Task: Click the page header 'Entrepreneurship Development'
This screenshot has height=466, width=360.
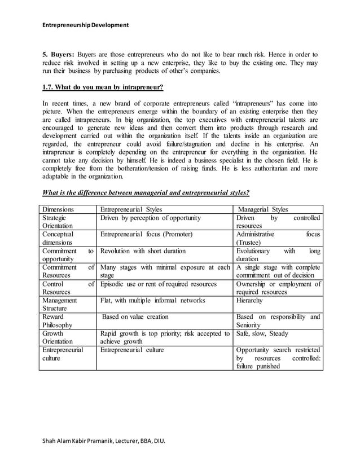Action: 86,25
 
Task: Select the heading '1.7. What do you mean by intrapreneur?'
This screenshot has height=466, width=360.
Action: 103,87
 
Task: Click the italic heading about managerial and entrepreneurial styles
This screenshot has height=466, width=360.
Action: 146,192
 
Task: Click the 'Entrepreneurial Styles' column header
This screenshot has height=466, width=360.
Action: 131,209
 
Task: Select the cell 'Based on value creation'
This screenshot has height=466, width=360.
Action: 135,317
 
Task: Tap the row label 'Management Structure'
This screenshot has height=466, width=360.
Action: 61,305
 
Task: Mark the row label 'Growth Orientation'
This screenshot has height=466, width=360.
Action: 58,337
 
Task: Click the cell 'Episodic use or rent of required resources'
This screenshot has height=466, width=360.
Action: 160,284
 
